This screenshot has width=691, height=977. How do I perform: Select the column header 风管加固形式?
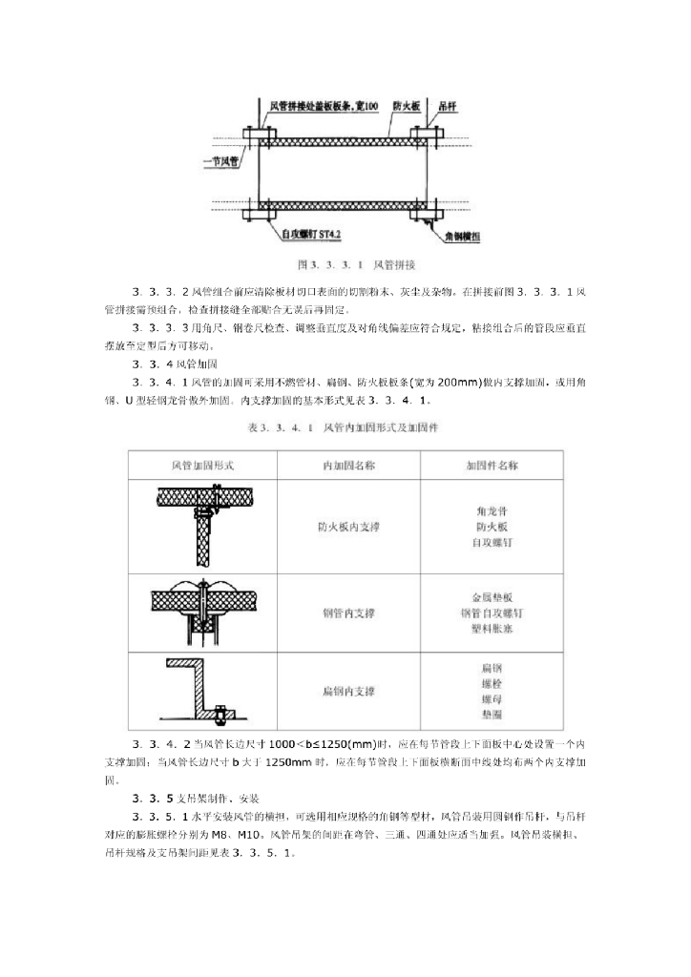point(202,466)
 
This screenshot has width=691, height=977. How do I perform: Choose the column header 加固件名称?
point(491,466)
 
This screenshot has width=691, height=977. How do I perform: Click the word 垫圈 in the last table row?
point(491,714)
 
